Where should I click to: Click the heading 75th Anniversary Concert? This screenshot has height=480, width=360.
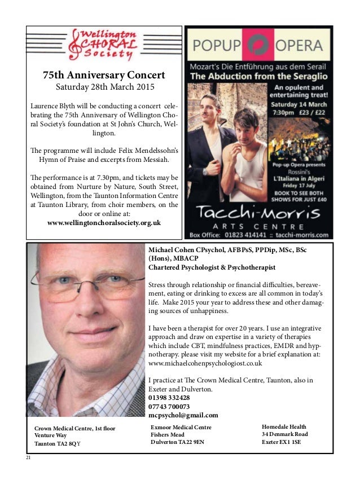pyautogui.click(x=104, y=75)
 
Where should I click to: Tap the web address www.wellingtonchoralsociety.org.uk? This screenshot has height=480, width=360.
pyautogui.click(x=104, y=222)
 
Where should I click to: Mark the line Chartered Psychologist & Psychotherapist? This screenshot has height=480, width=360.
pyautogui.click(x=212, y=267)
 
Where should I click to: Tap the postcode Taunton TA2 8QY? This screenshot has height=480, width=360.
pyautogui.click(x=58, y=444)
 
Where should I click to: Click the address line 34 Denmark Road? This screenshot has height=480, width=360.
pyautogui.click(x=285, y=434)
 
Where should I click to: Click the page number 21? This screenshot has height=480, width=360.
pyautogui.click(x=28, y=457)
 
